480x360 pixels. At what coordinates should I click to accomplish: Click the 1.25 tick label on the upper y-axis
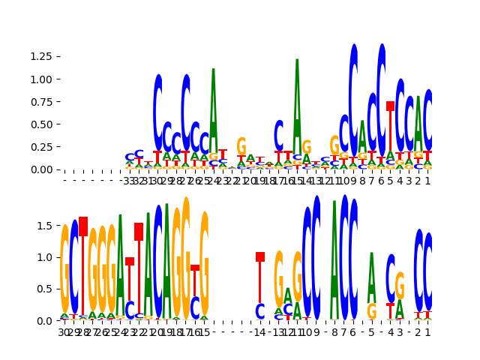pos(42,56)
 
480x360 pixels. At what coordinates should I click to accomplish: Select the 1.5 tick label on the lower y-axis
pos(46,226)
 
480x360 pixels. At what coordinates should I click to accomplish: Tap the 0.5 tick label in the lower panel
pos(46,289)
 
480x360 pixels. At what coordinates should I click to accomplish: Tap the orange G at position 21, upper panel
pos(241,145)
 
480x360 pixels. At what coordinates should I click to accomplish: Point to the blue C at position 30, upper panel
pos(157,112)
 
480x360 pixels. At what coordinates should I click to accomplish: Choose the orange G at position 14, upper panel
pos(307,148)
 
